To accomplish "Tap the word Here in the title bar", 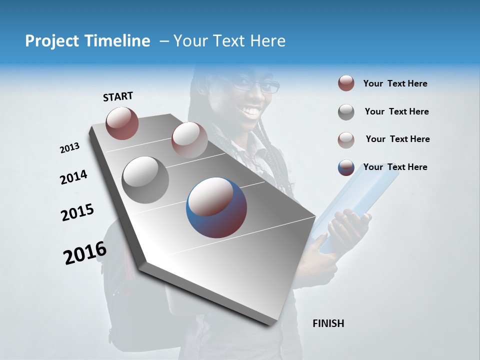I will pos(267,41).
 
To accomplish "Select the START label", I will pos(118,96).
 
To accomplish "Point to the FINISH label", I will pos(328,323).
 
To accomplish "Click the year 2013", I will pos(69,148).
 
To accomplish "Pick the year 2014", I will pos(73,177).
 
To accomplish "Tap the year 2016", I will pos(85,253).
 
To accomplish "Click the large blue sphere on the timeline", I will pos(216,207).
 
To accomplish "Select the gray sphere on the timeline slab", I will pos(145,180).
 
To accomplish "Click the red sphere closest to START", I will pos(122,123).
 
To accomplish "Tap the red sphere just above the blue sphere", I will pos(189,139).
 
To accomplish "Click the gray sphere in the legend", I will pos(346,112).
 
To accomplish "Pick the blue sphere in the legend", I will pos(346,167).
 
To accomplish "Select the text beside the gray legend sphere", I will pos(396,111).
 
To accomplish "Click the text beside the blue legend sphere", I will pos(395,167).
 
